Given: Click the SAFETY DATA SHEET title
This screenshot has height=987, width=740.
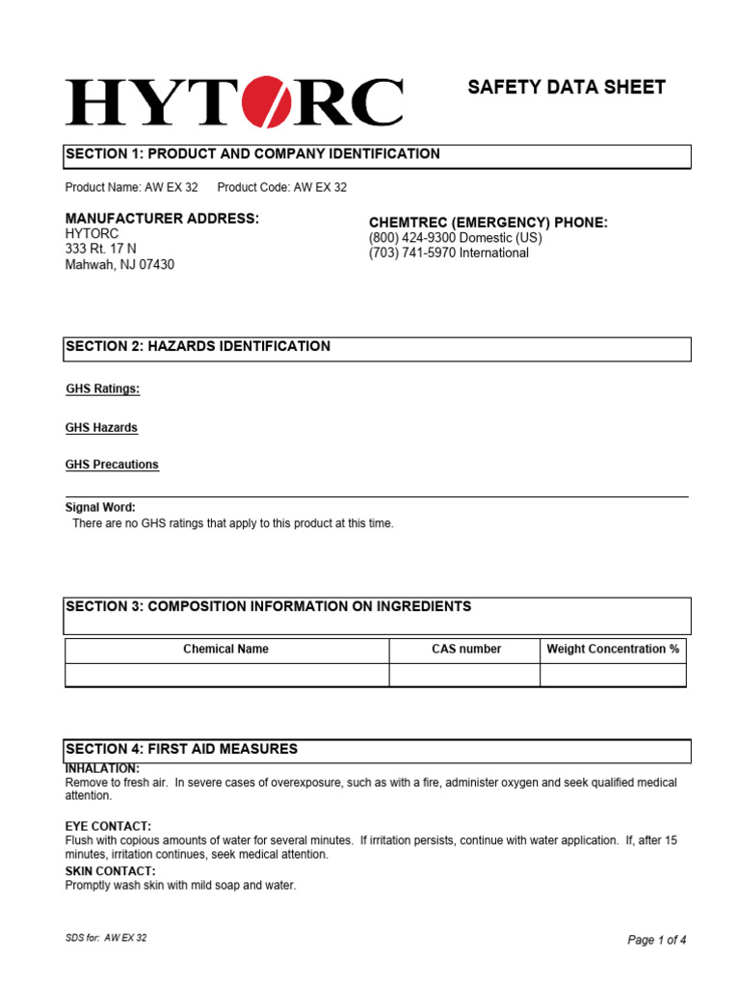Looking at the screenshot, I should click(567, 88).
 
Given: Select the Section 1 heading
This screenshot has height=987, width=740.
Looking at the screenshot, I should click(252, 154).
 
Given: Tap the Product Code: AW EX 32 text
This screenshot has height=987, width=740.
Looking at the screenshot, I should click(282, 188).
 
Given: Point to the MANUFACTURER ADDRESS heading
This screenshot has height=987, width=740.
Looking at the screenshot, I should click(162, 219).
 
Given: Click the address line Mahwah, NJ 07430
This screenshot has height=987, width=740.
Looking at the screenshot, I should click(119, 265).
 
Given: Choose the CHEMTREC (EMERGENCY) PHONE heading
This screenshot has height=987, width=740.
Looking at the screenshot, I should click(489, 223).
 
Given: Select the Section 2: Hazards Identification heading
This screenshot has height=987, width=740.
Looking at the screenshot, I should click(198, 347).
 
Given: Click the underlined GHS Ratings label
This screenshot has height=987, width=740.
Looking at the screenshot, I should click(103, 389).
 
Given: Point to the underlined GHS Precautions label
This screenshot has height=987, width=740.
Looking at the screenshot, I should click(112, 465).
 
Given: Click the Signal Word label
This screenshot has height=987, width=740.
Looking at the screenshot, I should click(100, 507).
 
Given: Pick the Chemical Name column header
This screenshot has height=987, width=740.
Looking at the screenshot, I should click(226, 650).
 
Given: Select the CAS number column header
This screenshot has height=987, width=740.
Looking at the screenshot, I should click(466, 650).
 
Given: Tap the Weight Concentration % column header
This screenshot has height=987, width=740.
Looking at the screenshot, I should click(613, 650).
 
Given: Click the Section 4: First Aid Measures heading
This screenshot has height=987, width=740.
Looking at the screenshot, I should click(181, 749).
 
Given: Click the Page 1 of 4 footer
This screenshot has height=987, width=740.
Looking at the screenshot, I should click(657, 940).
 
